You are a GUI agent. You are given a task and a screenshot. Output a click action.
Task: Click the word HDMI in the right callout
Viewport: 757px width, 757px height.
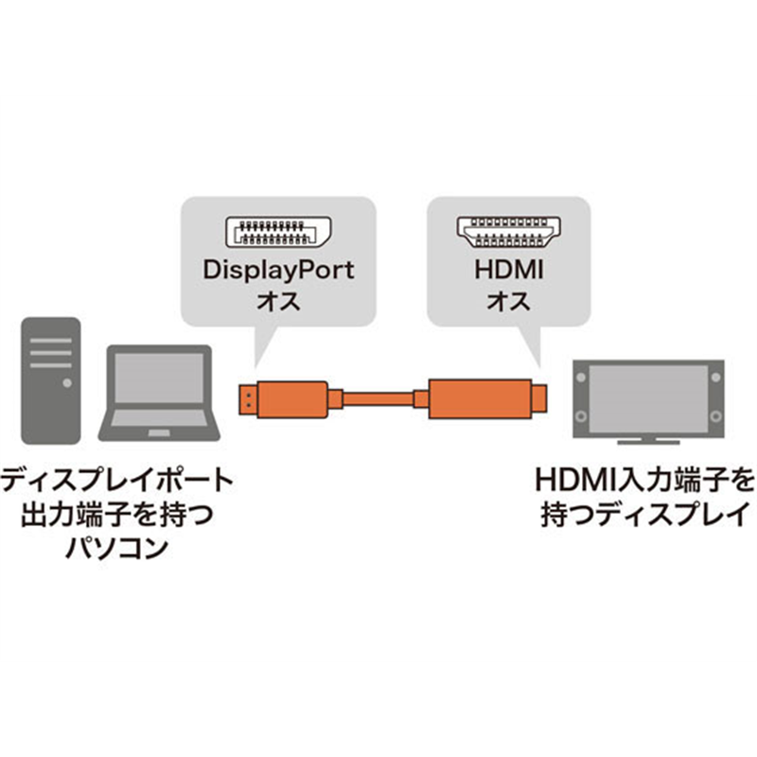click(x=506, y=269)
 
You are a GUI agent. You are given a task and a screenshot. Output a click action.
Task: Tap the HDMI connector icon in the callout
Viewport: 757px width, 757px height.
click(x=506, y=233)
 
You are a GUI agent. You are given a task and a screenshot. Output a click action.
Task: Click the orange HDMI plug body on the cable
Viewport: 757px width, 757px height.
click(x=478, y=397)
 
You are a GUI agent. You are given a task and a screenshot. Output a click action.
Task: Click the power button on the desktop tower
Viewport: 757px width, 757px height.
click(x=67, y=382)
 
